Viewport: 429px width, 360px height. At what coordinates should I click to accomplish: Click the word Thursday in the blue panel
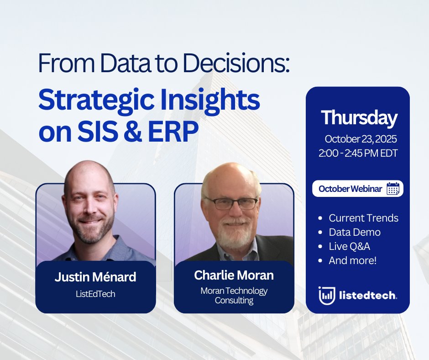pos(359,118)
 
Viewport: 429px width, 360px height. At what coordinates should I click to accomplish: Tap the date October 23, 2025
pos(361,139)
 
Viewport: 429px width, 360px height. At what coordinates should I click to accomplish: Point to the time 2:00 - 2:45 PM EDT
pos(358,153)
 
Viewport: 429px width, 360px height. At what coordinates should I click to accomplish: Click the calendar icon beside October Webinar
pos(393,189)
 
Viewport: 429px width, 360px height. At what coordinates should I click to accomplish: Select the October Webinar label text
pos(350,189)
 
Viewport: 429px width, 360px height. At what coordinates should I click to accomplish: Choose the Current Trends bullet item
pos(364,218)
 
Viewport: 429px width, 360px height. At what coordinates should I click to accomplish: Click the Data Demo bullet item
pos(355,233)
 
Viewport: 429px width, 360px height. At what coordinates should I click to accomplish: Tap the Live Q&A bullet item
pos(350,247)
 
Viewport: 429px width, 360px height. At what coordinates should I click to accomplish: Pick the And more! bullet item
pos(352,260)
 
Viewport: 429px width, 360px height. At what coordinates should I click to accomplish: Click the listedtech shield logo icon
pos(327,296)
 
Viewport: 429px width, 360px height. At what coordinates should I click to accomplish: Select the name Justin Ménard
pos(95,277)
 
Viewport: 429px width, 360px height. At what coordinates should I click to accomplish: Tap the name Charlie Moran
pos(234,275)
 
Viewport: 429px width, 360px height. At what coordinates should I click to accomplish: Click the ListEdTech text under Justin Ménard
pos(95,294)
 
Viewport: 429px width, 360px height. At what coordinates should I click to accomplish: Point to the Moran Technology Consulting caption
pos(234,296)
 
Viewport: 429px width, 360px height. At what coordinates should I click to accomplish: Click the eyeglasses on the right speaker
pos(232,203)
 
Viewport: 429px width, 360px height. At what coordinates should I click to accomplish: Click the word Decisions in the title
pos(236,63)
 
